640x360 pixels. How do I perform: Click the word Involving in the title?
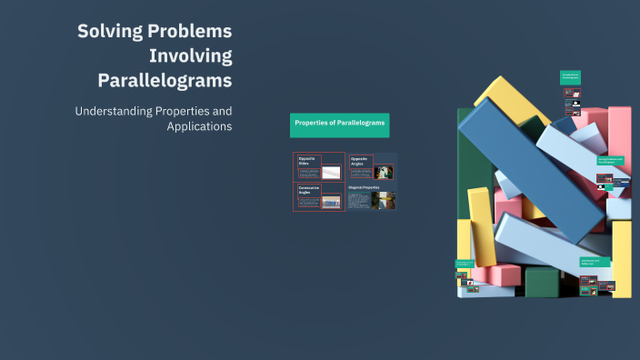[191, 55]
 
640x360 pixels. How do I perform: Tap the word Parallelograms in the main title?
[165, 80]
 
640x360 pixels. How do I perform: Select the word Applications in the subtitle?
[199, 126]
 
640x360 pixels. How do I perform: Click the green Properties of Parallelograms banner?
[340, 125]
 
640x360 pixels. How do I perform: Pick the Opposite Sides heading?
[305, 161]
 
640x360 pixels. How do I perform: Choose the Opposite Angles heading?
[358, 161]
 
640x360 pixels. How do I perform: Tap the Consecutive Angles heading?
[307, 191]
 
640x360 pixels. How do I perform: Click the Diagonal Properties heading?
[365, 186]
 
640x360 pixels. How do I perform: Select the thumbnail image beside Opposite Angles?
[384, 172]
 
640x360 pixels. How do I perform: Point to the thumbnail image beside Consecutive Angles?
[331, 201]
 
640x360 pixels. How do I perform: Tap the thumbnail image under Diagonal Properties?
[383, 200]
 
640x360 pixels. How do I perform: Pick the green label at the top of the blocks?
[570, 78]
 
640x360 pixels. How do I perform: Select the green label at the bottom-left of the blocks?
[465, 265]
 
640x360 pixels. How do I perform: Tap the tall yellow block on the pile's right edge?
[622, 258]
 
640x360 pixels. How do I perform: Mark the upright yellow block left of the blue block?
[481, 227]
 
